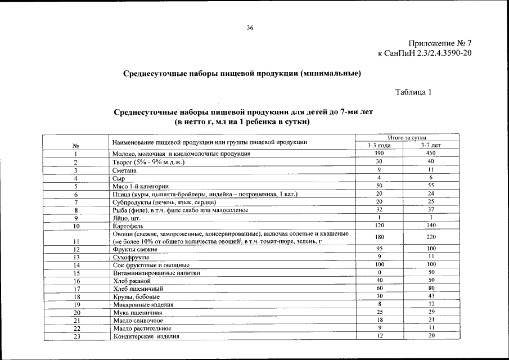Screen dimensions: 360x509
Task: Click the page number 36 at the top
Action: point(250,28)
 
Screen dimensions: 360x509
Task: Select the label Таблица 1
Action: point(413,93)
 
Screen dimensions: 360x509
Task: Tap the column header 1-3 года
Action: point(380,145)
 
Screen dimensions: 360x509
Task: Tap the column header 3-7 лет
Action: point(431,145)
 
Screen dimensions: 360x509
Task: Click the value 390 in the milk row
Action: point(380,154)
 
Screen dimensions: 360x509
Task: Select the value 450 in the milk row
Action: point(431,154)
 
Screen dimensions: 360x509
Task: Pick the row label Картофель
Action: point(128,226)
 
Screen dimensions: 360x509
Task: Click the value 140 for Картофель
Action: point(431,225)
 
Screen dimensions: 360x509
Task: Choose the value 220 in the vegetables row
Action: point(431,237)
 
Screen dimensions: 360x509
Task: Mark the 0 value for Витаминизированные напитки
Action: point(380,272)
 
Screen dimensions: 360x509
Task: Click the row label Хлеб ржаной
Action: point(132,281)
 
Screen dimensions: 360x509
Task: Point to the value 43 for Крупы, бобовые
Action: point(431,296)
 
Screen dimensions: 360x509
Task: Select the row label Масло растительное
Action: point(142,328)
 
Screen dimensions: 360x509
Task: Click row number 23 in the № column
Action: point(75,336)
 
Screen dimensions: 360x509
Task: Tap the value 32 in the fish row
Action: point(380,209)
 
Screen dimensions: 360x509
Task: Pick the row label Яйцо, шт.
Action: point(126,218)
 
